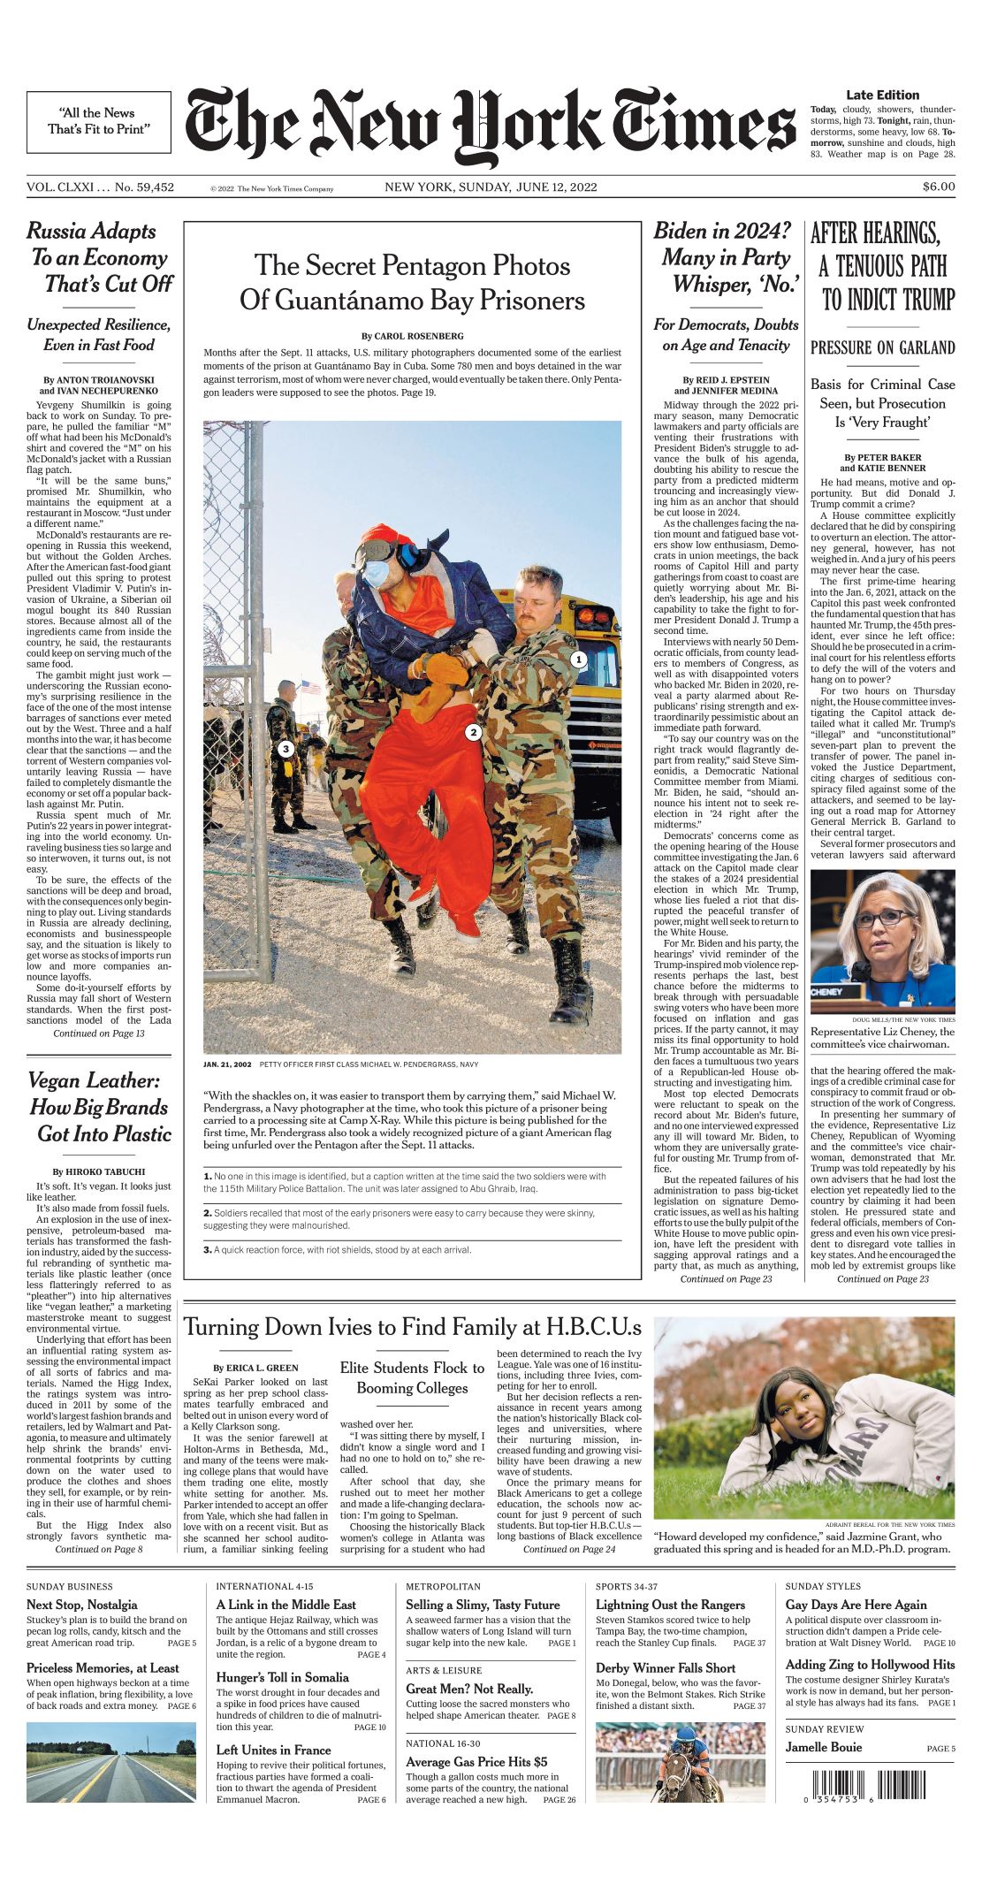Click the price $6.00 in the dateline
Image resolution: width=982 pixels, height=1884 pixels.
pos(938,187)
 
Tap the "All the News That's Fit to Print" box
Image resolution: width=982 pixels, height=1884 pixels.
pos(98,121)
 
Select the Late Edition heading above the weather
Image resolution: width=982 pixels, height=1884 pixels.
pos(882,95)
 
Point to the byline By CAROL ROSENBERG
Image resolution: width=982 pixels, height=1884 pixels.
pos(412,336)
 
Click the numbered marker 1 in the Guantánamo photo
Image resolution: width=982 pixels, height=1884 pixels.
pos(578,659)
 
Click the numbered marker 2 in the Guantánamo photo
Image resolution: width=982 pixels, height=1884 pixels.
pos(474,732)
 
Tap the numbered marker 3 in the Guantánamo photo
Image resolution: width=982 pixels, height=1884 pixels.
pos(285,749)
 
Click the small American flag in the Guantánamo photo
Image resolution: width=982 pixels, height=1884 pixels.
pos(310,686)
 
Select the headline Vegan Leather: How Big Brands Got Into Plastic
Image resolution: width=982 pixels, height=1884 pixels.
pos(98,1107)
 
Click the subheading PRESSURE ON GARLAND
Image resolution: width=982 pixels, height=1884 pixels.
pos(882,347)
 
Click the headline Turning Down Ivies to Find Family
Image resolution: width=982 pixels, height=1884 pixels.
pos(412,1328)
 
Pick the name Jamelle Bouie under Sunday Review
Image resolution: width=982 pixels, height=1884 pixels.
pos(823,1747)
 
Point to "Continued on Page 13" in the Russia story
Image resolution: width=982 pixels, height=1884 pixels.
pos(98,1033)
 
